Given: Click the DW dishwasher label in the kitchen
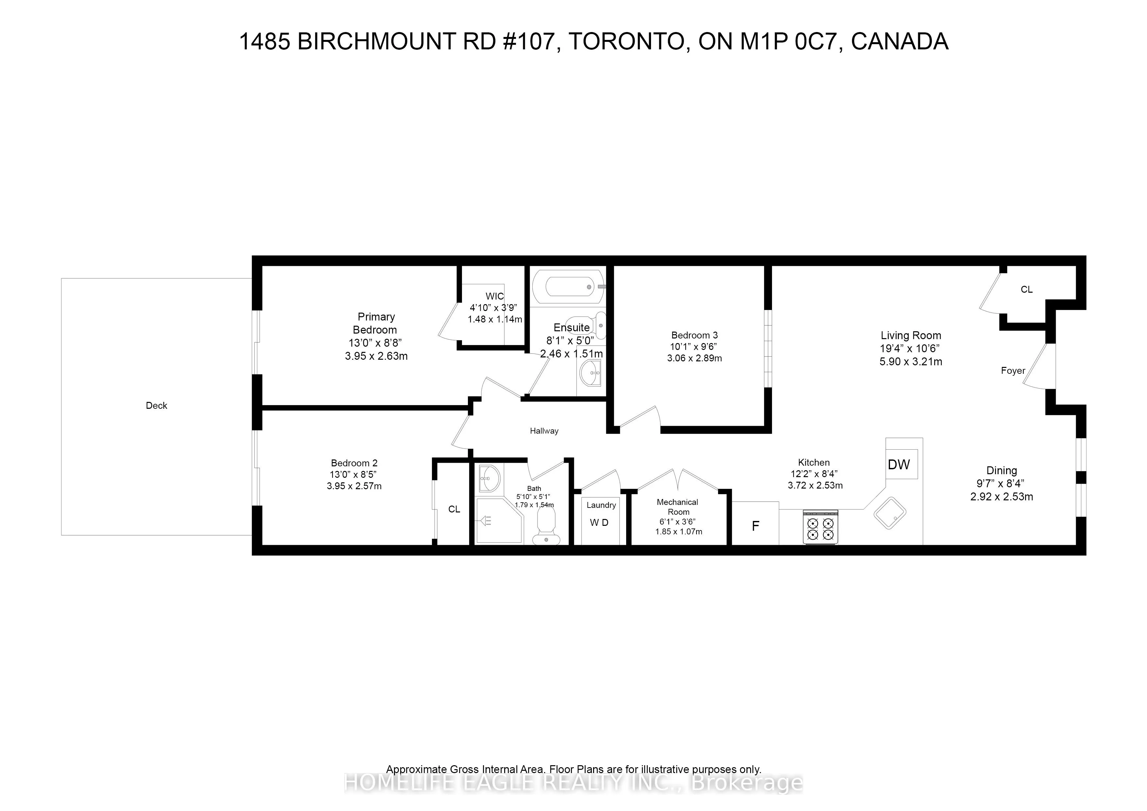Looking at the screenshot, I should point(899,465).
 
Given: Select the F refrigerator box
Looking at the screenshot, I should point(755,526).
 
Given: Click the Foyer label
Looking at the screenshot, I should point(1013,371).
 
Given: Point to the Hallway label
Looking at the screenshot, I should point(544,431).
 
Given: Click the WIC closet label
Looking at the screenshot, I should point(495,296).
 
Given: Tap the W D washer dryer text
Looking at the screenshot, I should point(599,523).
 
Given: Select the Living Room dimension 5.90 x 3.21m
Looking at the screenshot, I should point(911,362).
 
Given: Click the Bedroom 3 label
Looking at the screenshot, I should point(694,335).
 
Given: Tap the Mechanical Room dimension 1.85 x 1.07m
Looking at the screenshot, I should point(678,532).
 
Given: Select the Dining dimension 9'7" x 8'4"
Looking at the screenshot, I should point(1001,484).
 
